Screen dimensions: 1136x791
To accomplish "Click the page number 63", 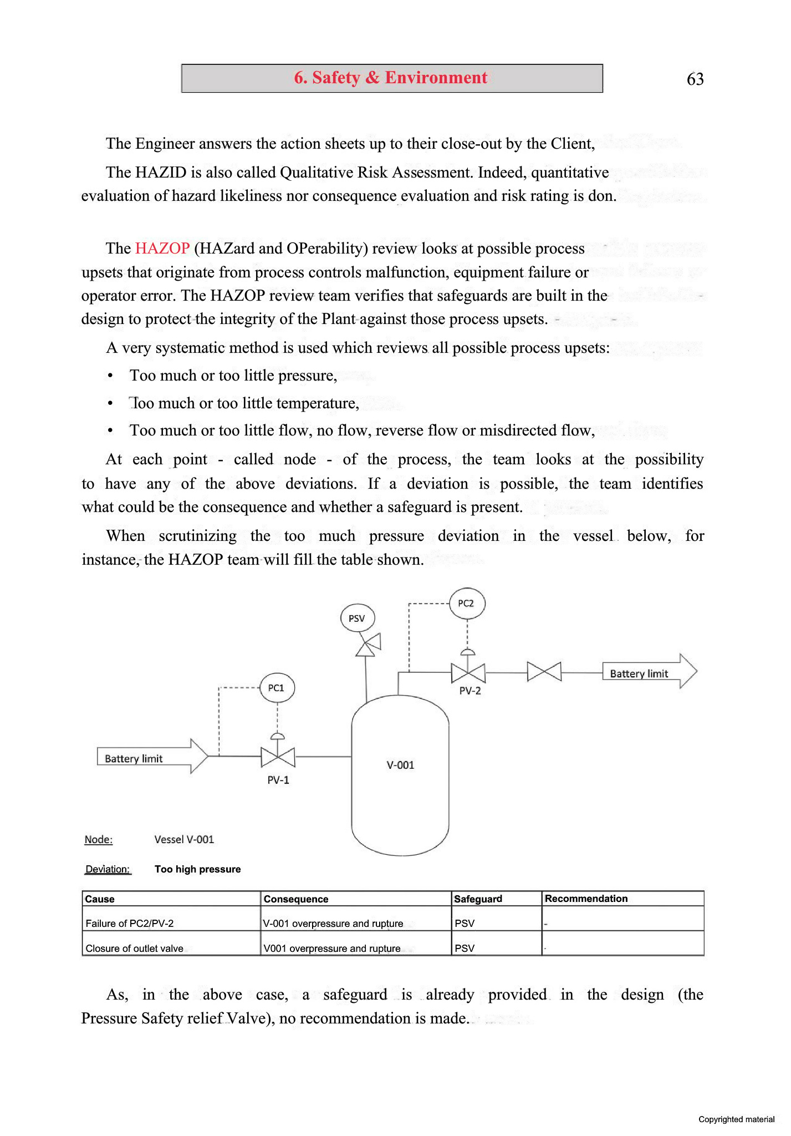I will [x=695, y=79].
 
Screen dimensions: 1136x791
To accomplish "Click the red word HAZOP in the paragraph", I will [x=162, y=248].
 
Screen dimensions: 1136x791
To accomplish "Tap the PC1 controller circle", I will [x=277, y=688].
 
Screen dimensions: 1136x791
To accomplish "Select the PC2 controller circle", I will [x=467, y=603].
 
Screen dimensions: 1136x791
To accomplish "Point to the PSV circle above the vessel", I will [x=357, y=618].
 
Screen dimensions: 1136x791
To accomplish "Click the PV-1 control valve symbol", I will [x=278, y=756].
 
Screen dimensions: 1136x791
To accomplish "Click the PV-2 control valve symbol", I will [x=468, y=673].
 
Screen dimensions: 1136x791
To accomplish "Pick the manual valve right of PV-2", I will [x=544, y=672].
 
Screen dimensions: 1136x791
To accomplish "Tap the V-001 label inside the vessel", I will [x=400, y=765].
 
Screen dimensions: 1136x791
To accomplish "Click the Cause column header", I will [x=100, y=899].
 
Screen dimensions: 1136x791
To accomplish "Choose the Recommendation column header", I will [x=586, y=899].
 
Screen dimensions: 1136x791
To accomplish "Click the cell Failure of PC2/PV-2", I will [x=130, y=924].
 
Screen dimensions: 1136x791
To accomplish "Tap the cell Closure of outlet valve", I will [x=135, y=949].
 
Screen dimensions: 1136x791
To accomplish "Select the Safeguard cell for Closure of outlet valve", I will [x=465, y=949].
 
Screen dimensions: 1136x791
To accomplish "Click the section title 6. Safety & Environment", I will [x=391, y=78].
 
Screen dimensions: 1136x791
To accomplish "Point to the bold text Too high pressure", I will [x=197, y=869].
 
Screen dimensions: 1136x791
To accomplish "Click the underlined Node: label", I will [x=99, y=840].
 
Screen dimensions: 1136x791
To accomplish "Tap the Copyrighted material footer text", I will [x=736, y=1119].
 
